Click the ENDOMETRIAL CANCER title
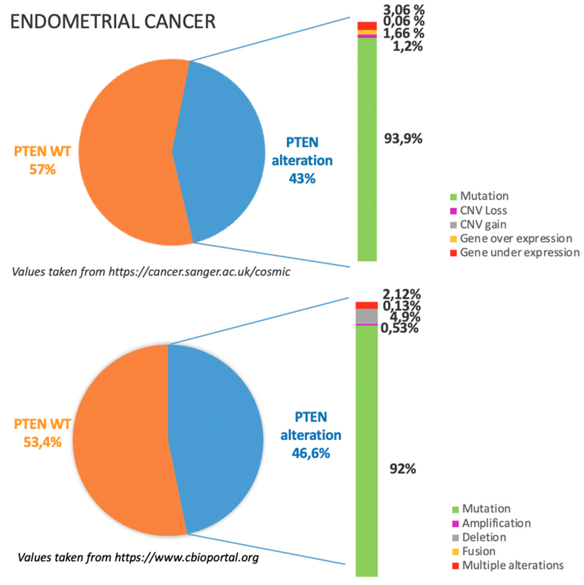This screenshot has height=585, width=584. tap(113, 22)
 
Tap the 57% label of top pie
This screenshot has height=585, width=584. tap(42, 170)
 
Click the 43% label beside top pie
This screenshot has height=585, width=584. tap(302, 178)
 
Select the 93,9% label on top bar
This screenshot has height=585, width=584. tap(403, 139)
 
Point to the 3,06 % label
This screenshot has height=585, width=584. tap(403, 10)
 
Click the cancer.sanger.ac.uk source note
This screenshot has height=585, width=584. tap(151, 272)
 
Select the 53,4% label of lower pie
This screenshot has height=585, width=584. tap(42, 442)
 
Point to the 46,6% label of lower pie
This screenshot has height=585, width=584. tap(311, 453)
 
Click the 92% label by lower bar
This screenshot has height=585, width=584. tap(403, 469)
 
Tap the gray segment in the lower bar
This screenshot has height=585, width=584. tap(366, 316)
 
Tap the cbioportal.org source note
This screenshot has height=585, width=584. tap(138, 557)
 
